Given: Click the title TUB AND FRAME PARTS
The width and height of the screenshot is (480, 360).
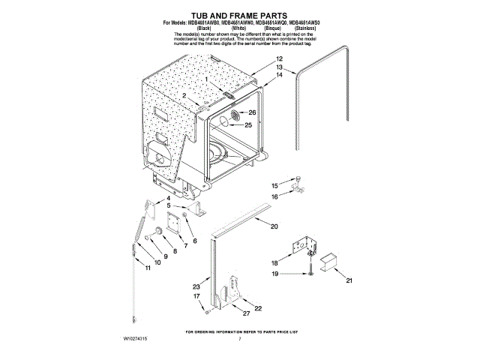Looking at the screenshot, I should (240, 15).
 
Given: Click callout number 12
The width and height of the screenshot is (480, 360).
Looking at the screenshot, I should (279, 58).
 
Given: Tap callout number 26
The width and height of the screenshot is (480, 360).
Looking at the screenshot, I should (252, 112).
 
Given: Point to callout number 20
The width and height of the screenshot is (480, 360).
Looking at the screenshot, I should (274, 226).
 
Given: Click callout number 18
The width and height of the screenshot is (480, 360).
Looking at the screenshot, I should (274, 263).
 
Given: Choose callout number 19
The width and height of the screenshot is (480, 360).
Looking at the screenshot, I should (274, 275).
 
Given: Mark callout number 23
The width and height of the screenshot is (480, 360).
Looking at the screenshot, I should (196, 287).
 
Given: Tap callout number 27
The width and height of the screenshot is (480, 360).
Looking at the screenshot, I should (246, 313).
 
